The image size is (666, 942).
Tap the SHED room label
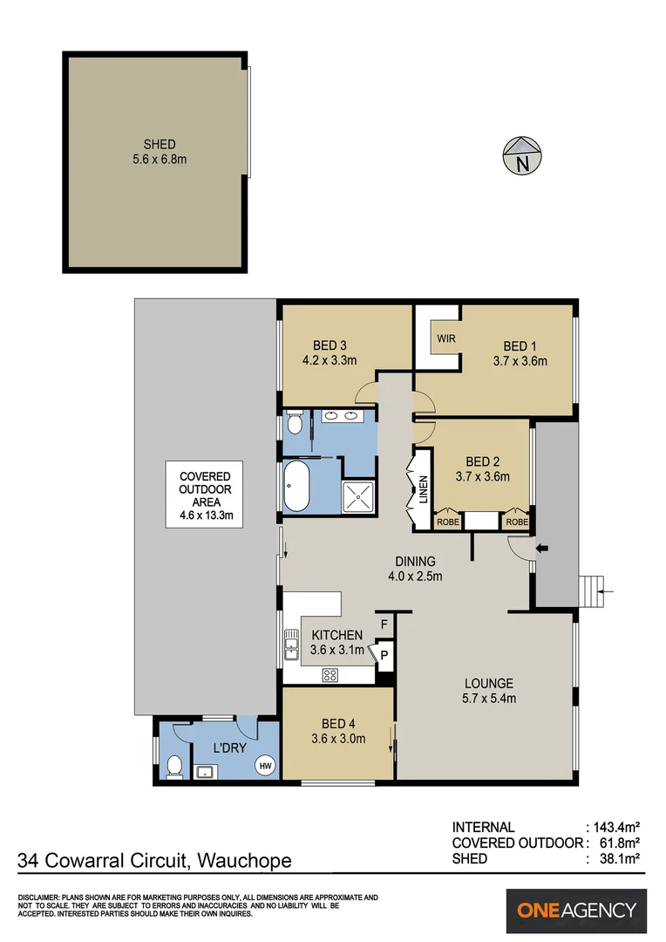click(x=160, y=144)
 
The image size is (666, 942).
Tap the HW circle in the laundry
click(x=265, y=765)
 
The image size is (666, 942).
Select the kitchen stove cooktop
click(x=330, y=674)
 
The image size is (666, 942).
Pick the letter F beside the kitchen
click(x=382, y=625)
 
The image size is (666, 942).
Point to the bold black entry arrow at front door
click(x=542, y=549)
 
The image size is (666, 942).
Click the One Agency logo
click(x=576, y=911)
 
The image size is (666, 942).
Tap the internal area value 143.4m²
click(x=617, y=827)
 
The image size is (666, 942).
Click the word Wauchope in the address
click(x=244, y=862)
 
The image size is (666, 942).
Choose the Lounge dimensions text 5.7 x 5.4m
click(x=488, y=699)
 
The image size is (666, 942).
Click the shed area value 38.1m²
click(x=620, y=859)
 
